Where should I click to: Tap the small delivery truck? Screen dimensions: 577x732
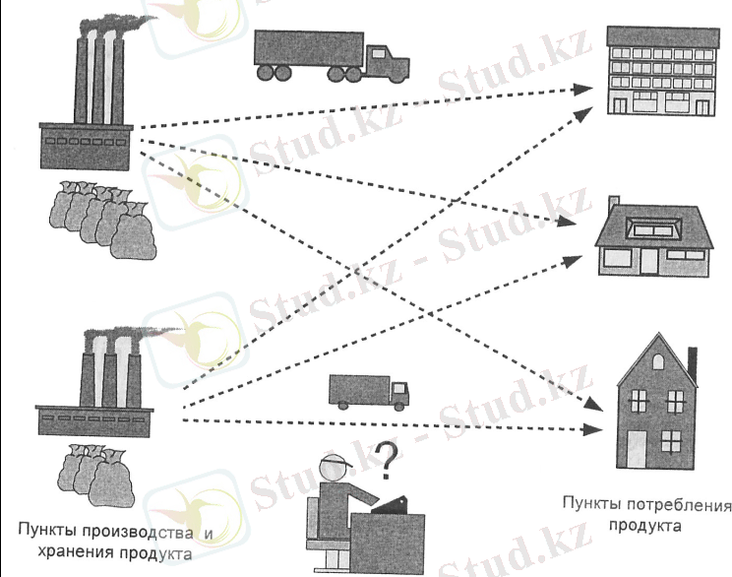[367, 391]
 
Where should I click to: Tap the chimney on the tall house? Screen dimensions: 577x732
[693, 359]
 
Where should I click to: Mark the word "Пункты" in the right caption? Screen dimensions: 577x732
[589, 505]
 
